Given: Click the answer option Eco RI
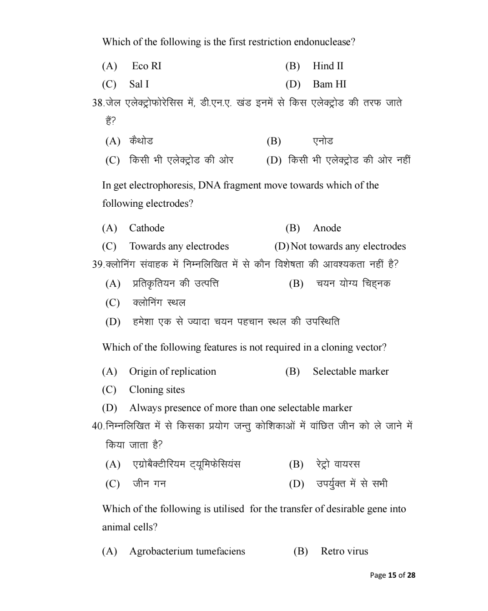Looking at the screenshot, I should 146,66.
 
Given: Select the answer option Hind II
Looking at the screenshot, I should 328,66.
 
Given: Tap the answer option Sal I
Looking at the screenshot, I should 139,84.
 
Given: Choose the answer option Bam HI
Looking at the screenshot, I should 329,84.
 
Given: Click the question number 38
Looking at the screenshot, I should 97,103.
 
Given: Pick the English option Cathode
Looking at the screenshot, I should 146,228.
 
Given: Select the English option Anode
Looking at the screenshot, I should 327,228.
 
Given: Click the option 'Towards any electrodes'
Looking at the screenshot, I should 179,246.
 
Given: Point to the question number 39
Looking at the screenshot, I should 97,265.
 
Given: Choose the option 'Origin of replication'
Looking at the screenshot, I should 172,372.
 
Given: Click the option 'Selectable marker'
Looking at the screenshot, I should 351,372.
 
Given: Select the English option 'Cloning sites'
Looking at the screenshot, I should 157,390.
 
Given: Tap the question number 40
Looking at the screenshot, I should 97,426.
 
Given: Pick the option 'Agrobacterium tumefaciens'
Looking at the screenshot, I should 187,551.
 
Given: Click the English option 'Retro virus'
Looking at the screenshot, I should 344,551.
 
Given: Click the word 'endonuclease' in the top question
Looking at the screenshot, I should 322,42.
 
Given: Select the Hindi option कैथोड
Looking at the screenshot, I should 141,141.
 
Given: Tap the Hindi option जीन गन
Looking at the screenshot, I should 149,484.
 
